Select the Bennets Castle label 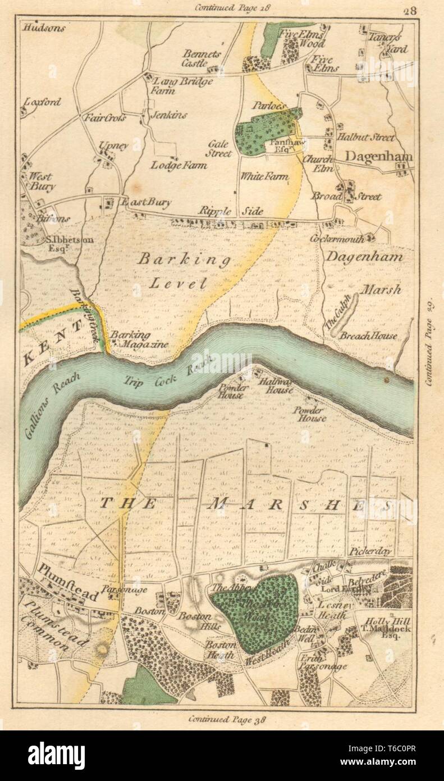203,59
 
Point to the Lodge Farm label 178,165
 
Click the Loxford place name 43,102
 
